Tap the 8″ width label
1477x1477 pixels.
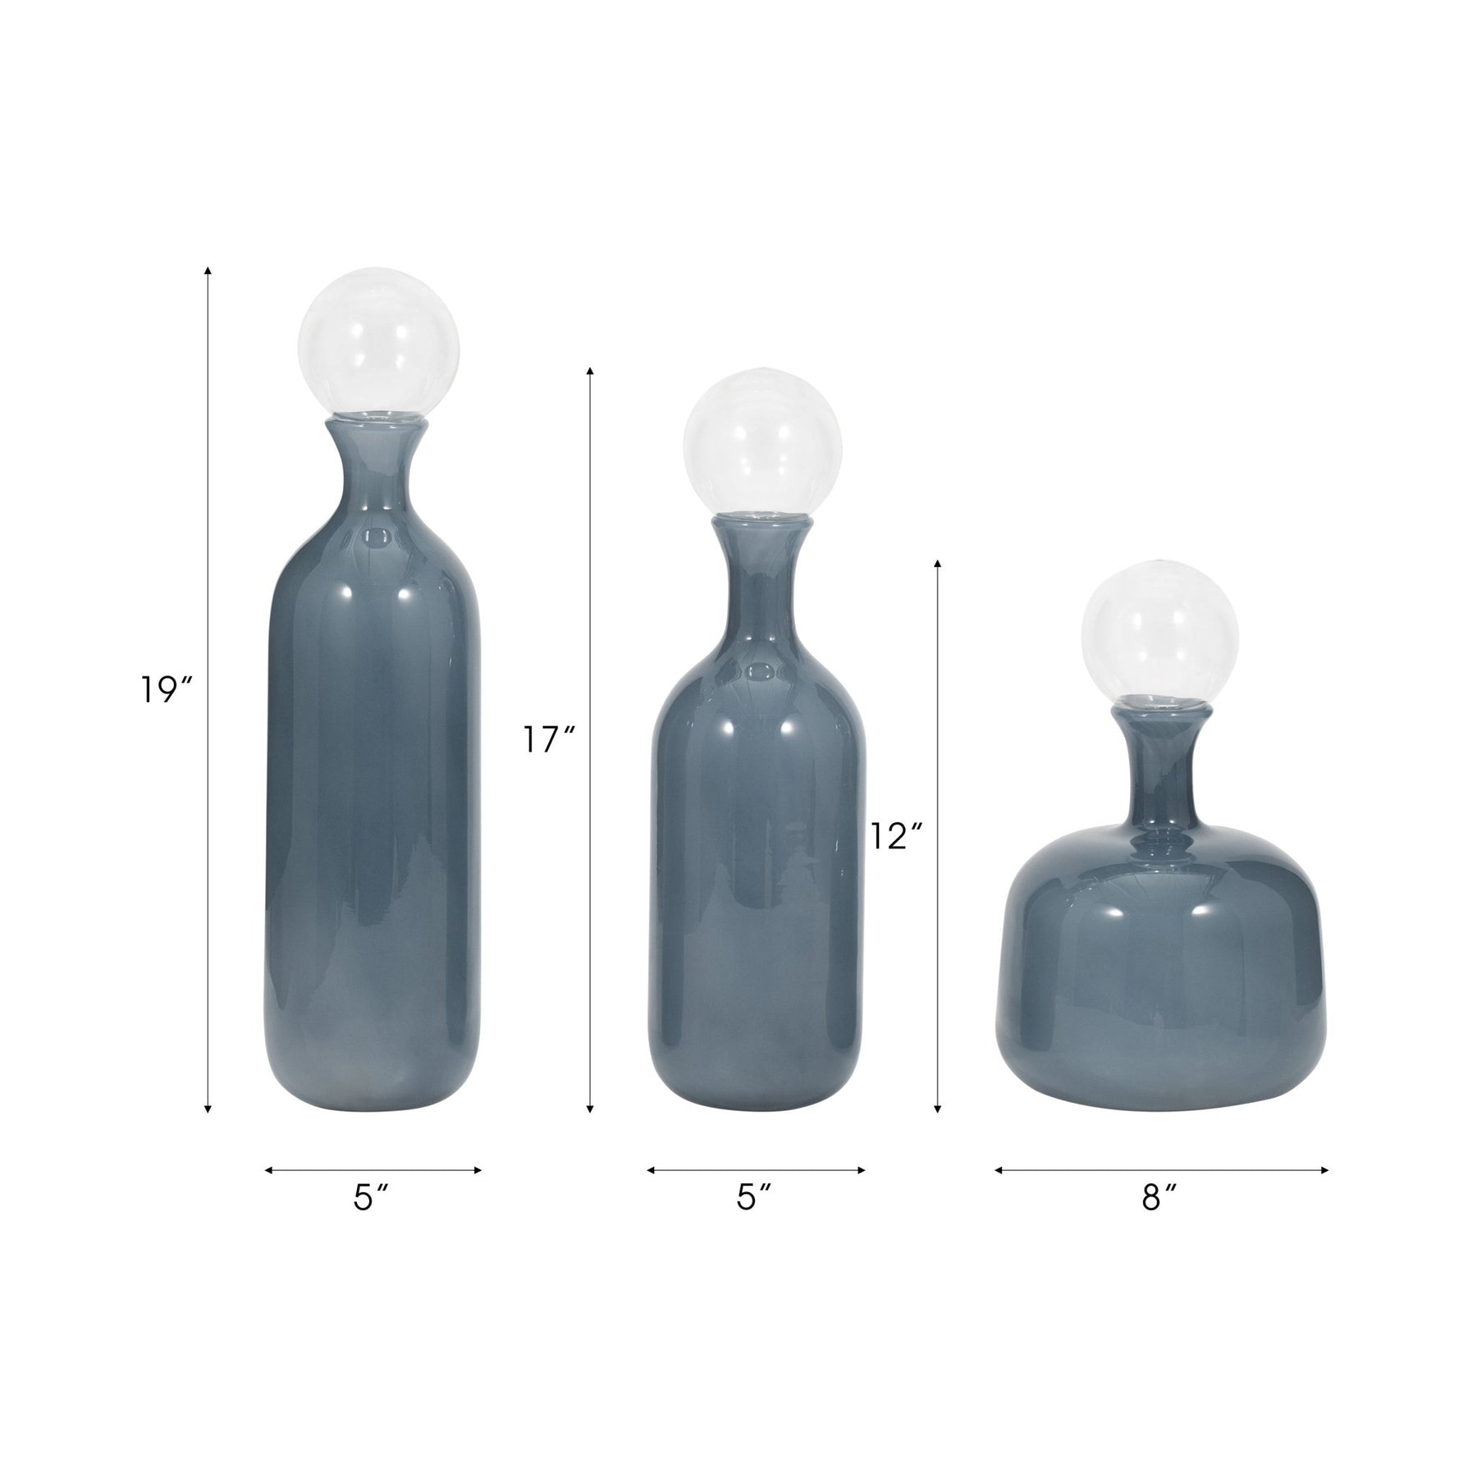(x=1159, y=1199)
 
